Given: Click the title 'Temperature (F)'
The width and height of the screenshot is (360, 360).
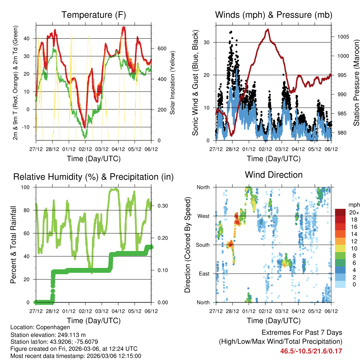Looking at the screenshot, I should [x=94, y=15].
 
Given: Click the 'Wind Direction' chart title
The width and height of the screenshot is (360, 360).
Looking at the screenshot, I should [x=274, y=174].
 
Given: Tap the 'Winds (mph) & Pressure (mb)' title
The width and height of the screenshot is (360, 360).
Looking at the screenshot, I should [x=274, y=15].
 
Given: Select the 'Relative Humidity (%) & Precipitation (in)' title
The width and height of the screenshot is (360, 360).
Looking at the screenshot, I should [x=94, y=176].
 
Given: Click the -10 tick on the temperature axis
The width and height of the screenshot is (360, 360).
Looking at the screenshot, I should [x=28, y=127].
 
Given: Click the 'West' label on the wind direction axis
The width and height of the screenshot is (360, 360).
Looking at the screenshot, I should [x=203, y=216].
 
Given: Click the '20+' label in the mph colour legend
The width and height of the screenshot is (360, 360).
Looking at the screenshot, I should [x=352, y=212].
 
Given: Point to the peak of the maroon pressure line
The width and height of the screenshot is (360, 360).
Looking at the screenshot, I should [x=268, y=29].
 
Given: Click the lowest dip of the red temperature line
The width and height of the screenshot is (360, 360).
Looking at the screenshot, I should [x=85, y=127].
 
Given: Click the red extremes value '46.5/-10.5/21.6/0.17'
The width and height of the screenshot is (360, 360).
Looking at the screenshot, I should [x=311, y=351].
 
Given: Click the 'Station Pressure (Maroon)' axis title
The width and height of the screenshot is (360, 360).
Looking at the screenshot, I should [x=356, y=83].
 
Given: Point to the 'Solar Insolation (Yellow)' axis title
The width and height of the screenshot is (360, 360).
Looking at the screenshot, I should [x=172, y=83].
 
